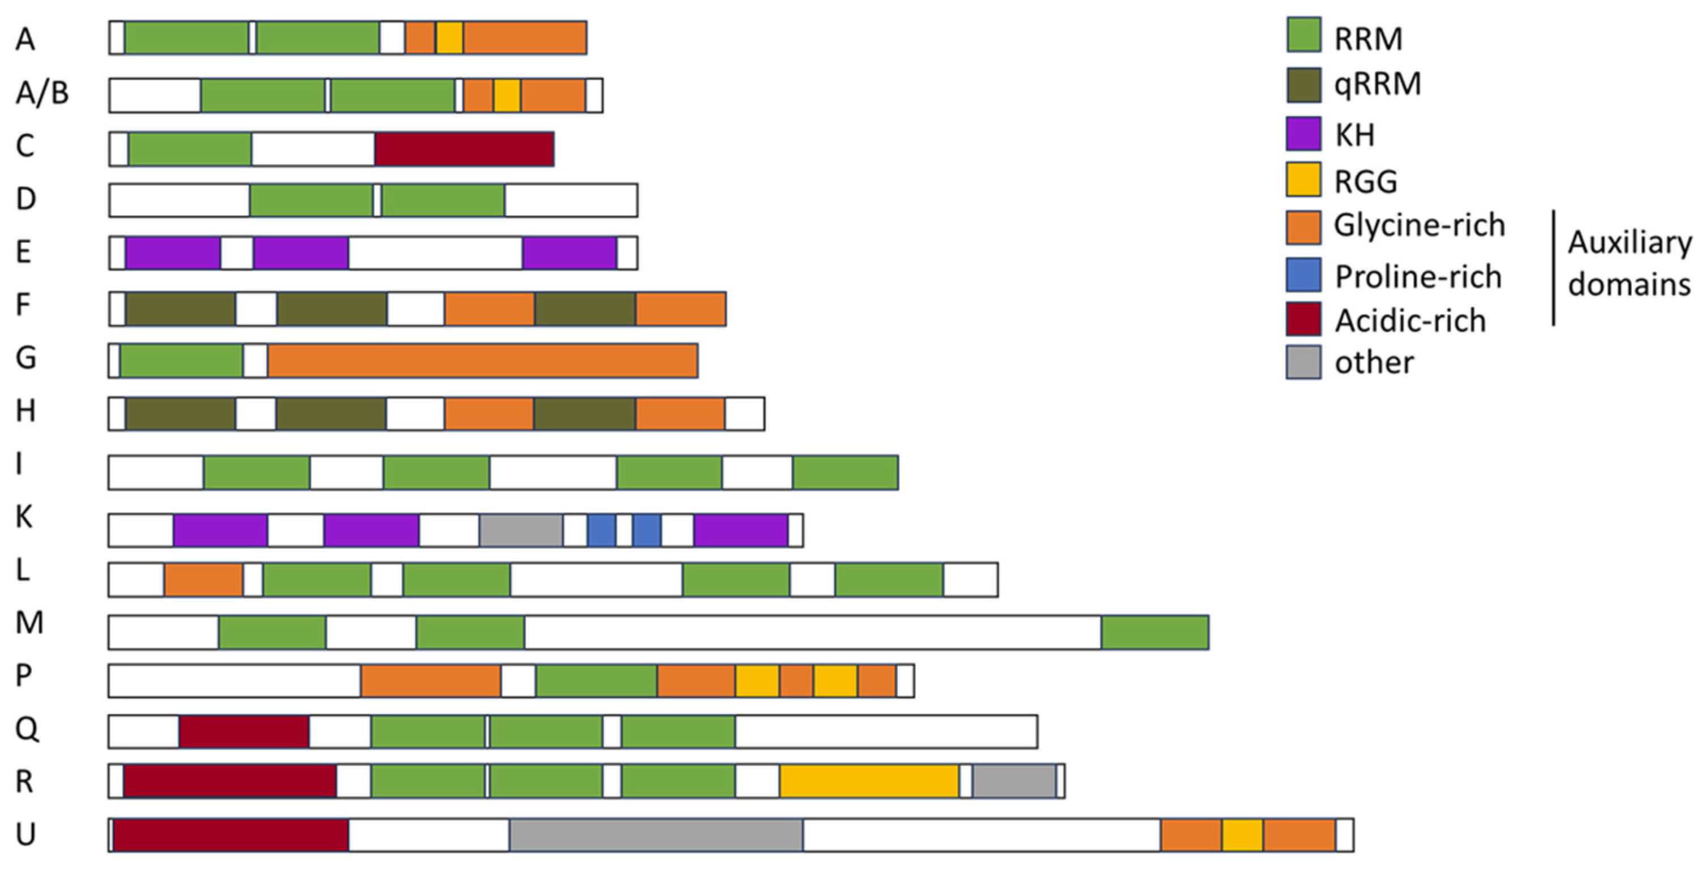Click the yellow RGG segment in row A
coord(449,38)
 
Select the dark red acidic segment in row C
coord(464,149)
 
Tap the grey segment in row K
coord(521,530)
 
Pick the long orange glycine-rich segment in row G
coord(482,361)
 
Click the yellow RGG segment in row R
coord(869,781)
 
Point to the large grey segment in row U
coord(655,835)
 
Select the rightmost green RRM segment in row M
coord(1154,632)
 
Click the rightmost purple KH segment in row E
coord(569,252)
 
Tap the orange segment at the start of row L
coord(203,580)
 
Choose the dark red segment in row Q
coord(243,731)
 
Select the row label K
coord(24,517)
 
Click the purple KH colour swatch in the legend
coord(1303,134)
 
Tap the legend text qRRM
coord(1377,84)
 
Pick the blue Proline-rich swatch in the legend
coord(1303,275)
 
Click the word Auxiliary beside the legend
coord(1630,242)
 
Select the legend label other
coord(1374,363)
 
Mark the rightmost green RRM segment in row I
coord(844,473)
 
